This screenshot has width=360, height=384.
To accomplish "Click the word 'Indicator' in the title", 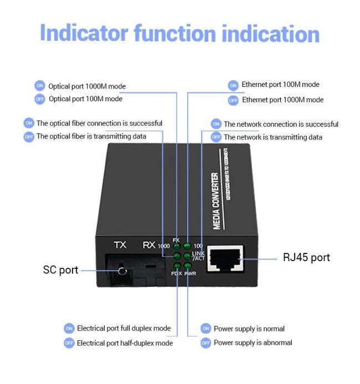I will [x=84, y=33].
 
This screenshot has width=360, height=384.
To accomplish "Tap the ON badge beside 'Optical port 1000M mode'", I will [x=39, y=86].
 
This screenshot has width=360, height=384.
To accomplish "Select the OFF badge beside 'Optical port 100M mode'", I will [x=39, y=99].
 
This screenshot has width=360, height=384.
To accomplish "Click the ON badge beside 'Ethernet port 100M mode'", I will [x=233, y=85].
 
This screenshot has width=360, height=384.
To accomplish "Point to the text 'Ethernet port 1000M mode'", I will [x=282, y=100].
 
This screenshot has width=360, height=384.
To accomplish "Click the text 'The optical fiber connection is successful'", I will [x=99, y=123].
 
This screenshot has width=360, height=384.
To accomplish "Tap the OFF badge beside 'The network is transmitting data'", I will [x=215, y=137].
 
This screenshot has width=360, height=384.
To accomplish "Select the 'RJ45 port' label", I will [x=306, y=257].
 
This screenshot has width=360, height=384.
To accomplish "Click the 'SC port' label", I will [x=60, y=271].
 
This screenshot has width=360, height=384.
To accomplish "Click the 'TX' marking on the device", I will [x=120, y=245].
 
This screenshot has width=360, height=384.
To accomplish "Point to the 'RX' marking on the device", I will [x=148, y=245].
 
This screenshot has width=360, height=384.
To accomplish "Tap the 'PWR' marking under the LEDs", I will [x=191, y=273].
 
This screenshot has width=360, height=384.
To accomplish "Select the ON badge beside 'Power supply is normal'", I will [x=205, y=329].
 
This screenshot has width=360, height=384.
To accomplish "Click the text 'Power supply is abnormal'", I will [x=253, y=343].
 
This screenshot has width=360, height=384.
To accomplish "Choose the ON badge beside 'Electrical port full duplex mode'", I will [x=69, y=329].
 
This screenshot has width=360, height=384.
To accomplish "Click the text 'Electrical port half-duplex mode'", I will [x=125, y=343].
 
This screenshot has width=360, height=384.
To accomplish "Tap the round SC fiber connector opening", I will [x=122, y=272].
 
